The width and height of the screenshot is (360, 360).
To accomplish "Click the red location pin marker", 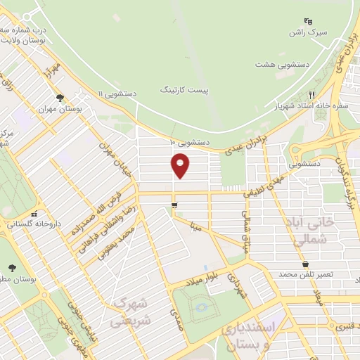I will tap(181, 165).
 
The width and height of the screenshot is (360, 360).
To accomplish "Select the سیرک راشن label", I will tap(307, 32).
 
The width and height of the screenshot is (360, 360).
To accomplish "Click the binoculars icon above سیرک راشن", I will tap(307, 21).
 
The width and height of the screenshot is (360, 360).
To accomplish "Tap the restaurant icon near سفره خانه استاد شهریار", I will tap(311, 95).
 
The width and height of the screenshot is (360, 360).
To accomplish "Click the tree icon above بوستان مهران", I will tap(60, 98).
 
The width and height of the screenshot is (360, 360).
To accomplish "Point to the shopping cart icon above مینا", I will tap(174, 205).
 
